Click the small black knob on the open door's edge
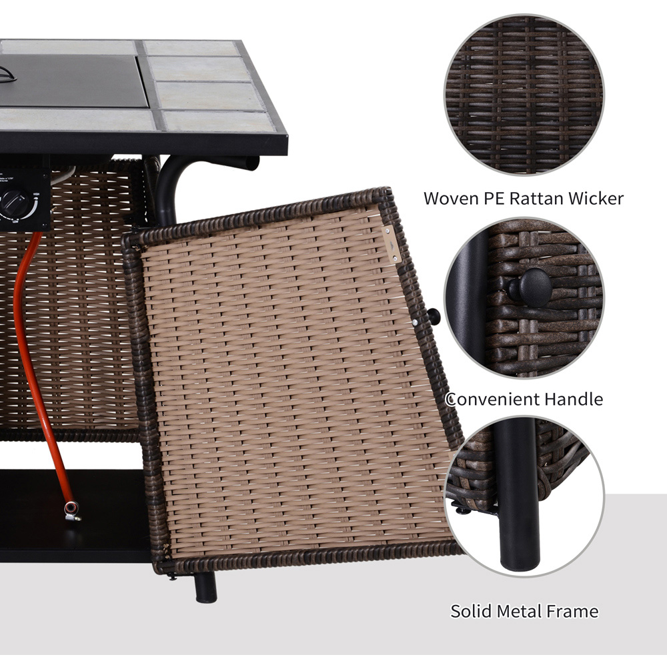[434, 316]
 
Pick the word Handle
[574, 400]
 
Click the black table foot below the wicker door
[206, 587]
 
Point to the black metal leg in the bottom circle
[518, 494]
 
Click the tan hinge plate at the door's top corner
[392, 245]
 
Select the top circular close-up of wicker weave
[524, 95]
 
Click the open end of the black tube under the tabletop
[252, 163]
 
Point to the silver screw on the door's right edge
[415, 323]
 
